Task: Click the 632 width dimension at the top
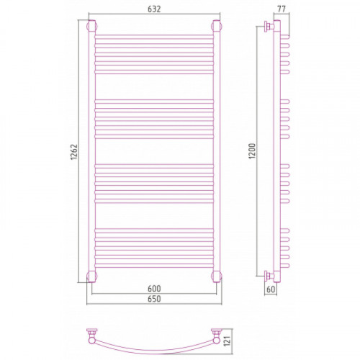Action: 154,9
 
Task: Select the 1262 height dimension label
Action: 74,152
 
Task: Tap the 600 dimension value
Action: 154,288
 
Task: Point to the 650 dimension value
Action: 154,299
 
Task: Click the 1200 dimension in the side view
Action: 253,151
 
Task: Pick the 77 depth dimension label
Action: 282,9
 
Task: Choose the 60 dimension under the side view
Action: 271,289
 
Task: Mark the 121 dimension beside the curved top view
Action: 227,341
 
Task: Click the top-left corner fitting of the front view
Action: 91,26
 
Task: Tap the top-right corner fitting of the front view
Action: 217,26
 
